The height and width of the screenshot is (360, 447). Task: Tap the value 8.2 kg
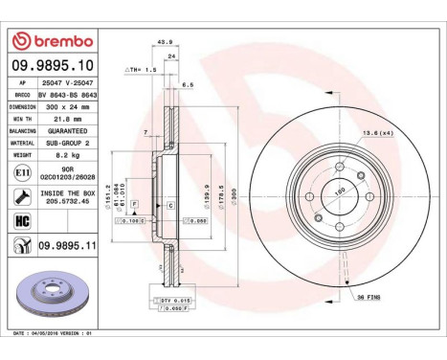[67, 151]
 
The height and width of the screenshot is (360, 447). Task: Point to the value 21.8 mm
[67, 119]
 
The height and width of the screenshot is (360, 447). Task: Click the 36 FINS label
[367, 298]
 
